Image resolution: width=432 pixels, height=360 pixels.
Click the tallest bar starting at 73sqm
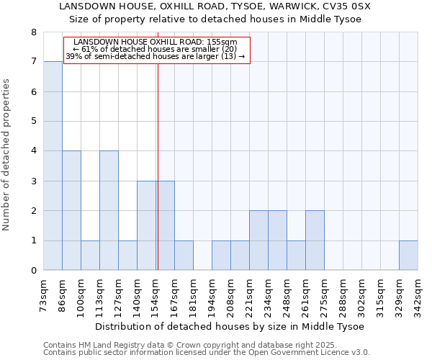[53, 166]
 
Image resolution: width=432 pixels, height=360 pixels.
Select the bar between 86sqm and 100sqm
[71, 210]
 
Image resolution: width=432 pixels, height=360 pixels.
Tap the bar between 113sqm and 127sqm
[109, 210]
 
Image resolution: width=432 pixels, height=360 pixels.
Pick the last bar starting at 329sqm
[408, 256]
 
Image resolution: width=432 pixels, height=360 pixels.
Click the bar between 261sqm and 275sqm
[315, 240]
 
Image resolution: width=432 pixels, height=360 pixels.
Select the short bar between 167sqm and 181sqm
[184, 256]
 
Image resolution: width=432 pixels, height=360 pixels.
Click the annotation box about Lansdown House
[156, 50]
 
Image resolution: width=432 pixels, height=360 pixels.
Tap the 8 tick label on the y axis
[33, 32]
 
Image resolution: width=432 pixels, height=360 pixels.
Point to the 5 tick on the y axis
[33, 122]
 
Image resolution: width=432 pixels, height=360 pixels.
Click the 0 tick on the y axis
[33, 271]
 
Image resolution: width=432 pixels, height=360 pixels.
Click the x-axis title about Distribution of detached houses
[230, 327]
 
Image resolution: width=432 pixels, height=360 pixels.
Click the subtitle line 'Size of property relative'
[215, 19]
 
